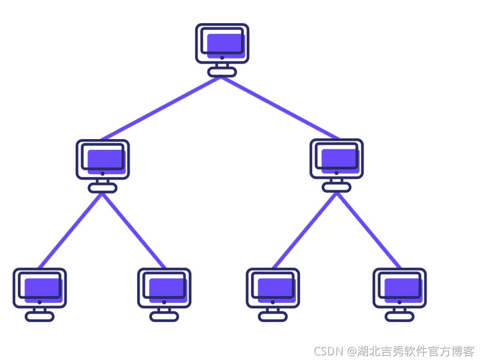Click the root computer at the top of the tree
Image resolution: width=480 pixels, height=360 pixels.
[222, 50]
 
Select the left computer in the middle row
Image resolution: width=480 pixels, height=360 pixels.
[103, 166]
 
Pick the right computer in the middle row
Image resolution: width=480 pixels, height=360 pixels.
[337, 165]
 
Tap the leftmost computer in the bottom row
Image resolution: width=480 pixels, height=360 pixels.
[40, 295]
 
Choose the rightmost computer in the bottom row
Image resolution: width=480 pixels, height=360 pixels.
[400, 295]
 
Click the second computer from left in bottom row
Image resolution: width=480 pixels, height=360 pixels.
[164, 295]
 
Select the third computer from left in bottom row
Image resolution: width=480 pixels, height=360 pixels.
[273, 295]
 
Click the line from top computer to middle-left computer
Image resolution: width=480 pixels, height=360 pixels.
[161, 109]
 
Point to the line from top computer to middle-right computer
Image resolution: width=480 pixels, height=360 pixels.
[280, 108]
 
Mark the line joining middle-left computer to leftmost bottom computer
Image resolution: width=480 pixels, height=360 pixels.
[70, 231]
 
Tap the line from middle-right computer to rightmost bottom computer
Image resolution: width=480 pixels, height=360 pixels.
[369, 231]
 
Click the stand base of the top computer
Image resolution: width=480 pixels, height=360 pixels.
[222, 72]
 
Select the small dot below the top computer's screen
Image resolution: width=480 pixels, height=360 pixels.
[222, 58]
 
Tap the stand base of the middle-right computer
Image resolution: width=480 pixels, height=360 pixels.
[337, 187]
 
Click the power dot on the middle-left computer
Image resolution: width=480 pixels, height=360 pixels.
[103, 174]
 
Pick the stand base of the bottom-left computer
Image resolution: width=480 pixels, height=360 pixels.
[40, 317]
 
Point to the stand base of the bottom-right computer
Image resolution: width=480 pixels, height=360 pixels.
[400, 317]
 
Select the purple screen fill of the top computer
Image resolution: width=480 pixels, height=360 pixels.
[226, 46]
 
